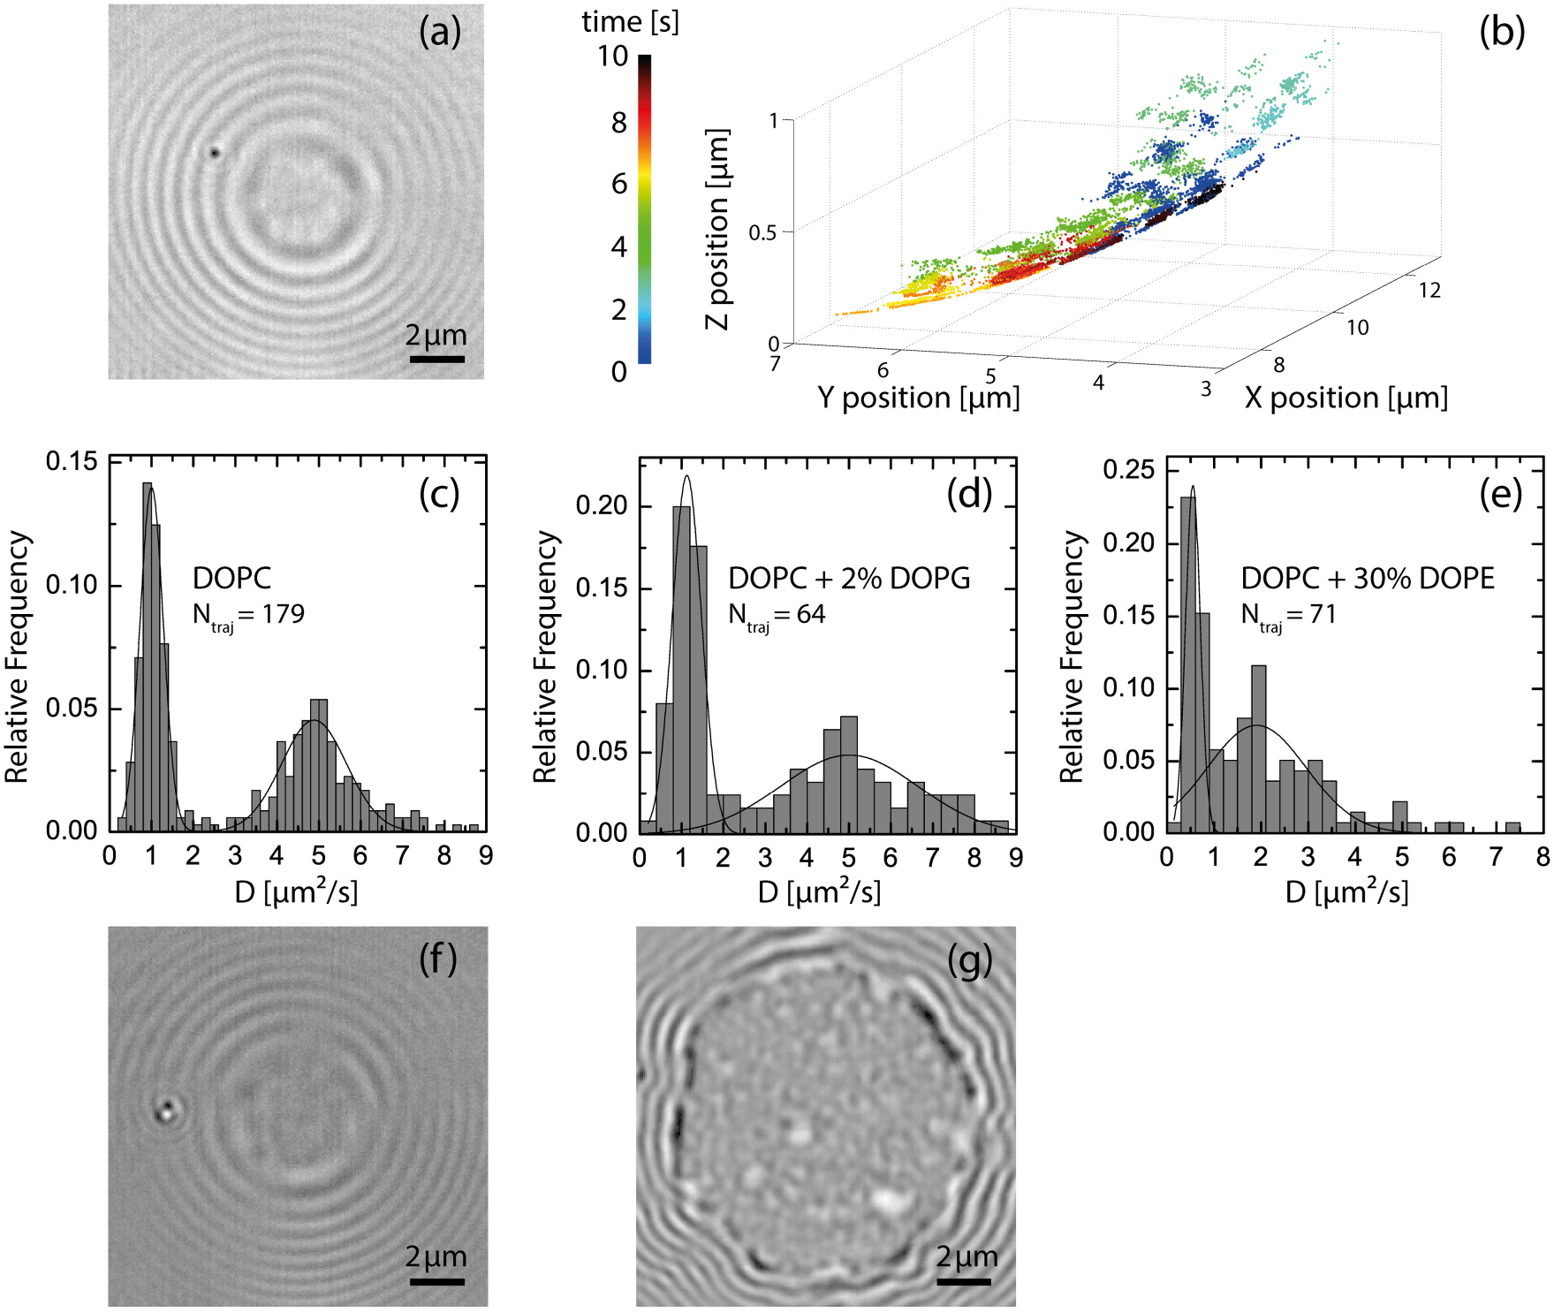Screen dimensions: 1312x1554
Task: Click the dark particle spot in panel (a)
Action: tap(214, 153)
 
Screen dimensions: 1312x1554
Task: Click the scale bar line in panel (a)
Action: tap(436, 360)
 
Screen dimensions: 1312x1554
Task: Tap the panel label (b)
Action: tap(1501, 33)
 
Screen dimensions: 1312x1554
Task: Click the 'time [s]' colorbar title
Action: tap(630, 21)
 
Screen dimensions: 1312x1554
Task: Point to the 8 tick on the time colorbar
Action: tap(619, 123)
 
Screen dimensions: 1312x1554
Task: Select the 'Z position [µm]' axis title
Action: tap(718, 229)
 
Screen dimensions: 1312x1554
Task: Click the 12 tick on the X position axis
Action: tap(1429, 291)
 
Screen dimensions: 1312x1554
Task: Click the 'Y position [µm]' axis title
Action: tap(918, 398)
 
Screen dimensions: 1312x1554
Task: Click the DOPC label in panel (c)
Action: tap(231, 579)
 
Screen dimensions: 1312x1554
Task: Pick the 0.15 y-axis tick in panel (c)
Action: tap(72, 461)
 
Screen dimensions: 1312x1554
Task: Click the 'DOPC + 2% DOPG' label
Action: tap(848, 579)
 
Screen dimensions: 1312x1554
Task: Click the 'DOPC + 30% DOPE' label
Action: tap(1367, 579)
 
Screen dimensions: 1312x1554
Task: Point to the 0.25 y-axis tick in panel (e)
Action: tap(1128, 469)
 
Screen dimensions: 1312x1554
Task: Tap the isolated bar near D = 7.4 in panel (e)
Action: tap(1512, 827)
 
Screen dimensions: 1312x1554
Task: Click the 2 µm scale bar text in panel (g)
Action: tap(967, 1256)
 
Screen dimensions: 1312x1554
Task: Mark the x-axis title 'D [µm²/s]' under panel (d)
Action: tap(819, 892)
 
